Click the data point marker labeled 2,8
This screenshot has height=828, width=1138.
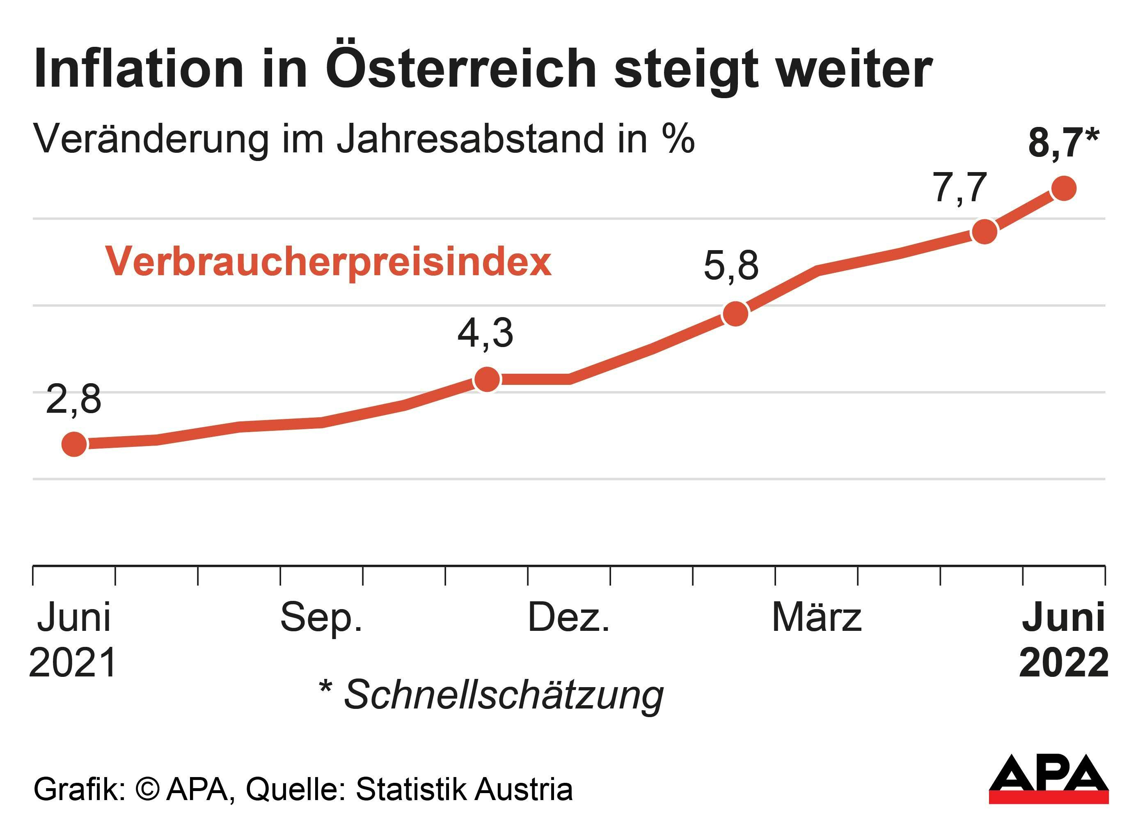coord(74,444)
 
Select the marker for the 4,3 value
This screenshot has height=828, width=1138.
coord(487,379)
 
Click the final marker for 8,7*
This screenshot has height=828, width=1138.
coord(1063,188)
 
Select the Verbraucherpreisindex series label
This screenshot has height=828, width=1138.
coord(328,262)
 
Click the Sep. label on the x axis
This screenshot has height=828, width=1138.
coord(321,618)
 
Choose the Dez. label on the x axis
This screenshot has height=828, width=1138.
coord(568,618)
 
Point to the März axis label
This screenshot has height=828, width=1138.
coord(816,617)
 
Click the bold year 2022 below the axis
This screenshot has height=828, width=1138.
coord(1063,663)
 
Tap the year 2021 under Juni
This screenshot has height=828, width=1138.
coord(73,663)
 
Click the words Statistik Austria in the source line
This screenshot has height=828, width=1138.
coord(464,789)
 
